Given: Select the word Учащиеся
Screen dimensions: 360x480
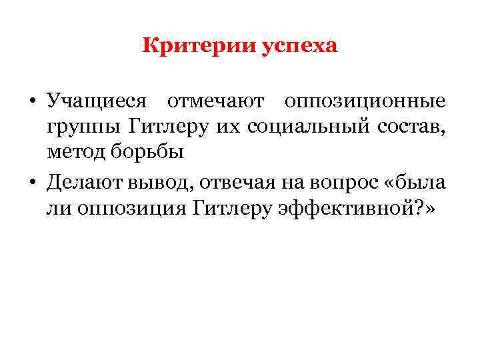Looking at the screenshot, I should pyautogui.click(x=96, y=101).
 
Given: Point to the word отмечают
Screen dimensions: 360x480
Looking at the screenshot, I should pyautogui.click(x=215, y=101).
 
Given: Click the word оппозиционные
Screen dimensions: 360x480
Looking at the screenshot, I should pyautogui.click(x=364, y=101).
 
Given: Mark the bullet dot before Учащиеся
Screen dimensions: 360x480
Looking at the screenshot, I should pyautogui.click(x=32, y=102).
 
